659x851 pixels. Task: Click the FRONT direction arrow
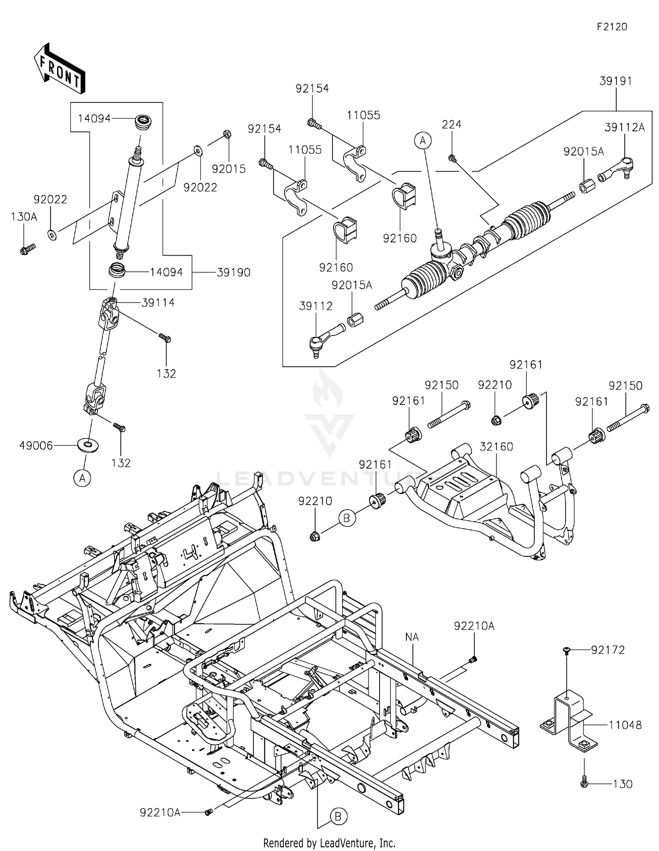59,69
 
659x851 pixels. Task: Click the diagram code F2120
612,27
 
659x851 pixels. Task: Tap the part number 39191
616,81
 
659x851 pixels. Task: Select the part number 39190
233,272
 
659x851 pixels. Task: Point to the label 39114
158,303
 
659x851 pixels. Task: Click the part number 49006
36,446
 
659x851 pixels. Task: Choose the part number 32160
496,447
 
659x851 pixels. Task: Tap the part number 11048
625,725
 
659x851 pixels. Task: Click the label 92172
608,650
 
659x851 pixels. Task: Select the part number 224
452,124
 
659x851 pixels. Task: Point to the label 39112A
625,127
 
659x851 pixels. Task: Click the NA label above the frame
412,637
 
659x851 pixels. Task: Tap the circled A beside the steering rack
423,141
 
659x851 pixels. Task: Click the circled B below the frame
338,817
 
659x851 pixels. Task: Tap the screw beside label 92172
567,651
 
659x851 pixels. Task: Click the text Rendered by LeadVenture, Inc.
329,843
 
